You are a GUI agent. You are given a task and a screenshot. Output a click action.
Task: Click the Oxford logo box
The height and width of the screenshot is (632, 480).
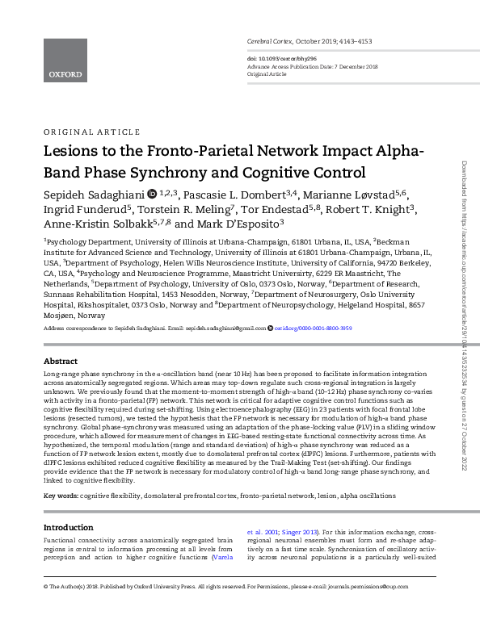point(65,61)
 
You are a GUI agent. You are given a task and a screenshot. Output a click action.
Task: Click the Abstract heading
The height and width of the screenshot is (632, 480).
point(61,361)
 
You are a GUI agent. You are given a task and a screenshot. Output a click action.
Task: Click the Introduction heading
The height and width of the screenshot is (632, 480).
point(68,527)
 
